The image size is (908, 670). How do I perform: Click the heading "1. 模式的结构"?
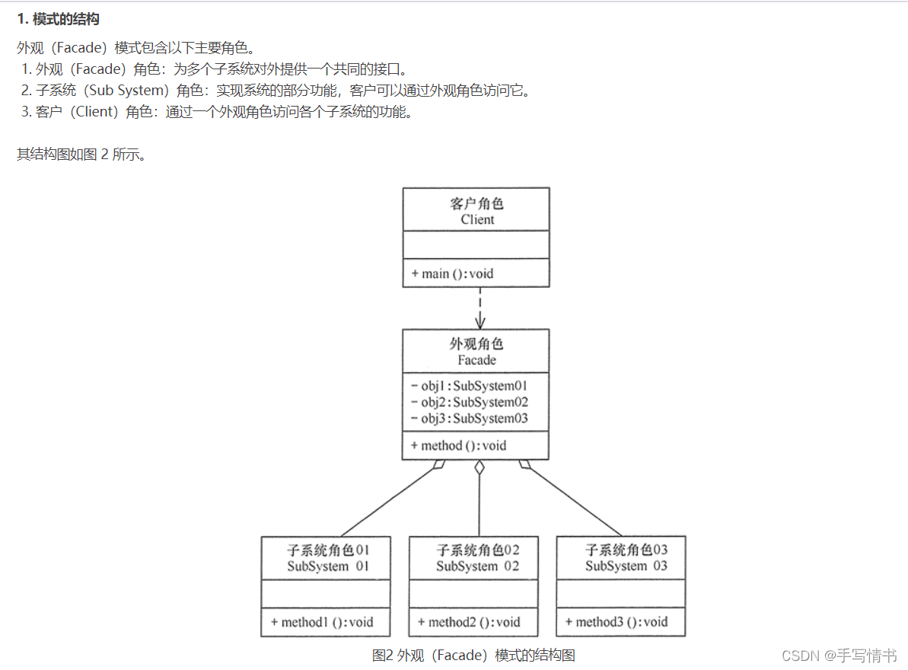59,19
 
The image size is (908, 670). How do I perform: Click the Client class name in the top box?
477,219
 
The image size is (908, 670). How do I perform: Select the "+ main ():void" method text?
453,273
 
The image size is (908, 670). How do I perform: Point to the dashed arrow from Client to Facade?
479,308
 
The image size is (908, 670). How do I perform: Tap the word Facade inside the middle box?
476,360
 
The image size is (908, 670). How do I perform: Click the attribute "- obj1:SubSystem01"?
470,385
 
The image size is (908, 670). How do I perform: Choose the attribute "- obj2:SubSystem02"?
470,402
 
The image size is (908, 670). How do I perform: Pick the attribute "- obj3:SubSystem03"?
470,418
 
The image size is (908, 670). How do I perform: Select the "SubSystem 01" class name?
328,566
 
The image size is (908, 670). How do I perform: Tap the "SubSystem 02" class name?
477,566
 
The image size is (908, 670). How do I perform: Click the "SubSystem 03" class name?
626,566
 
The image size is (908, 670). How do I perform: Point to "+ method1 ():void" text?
322,622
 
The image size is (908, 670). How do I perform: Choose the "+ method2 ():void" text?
469,622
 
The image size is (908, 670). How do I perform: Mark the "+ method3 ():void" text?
616,622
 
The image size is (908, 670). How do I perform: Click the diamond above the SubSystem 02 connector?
479,467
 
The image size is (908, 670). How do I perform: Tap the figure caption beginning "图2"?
473,655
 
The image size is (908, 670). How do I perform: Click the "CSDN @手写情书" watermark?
840,656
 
